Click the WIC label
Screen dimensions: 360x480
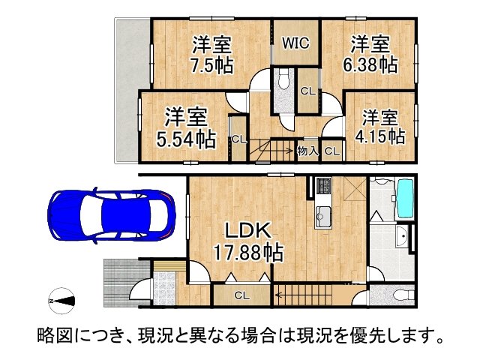pos(296,43)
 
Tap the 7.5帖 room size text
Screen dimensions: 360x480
pos(211,65)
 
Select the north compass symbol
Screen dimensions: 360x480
pos(62,302)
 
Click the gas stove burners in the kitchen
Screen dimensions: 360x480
pos(324,185)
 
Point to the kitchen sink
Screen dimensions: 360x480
pos(325,212)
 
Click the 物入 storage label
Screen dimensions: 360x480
pos(308,151)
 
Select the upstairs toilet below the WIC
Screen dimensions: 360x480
pos(283,81)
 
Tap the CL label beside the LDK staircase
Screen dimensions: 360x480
pos(241,295)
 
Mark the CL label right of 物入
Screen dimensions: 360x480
pos(332,151)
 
